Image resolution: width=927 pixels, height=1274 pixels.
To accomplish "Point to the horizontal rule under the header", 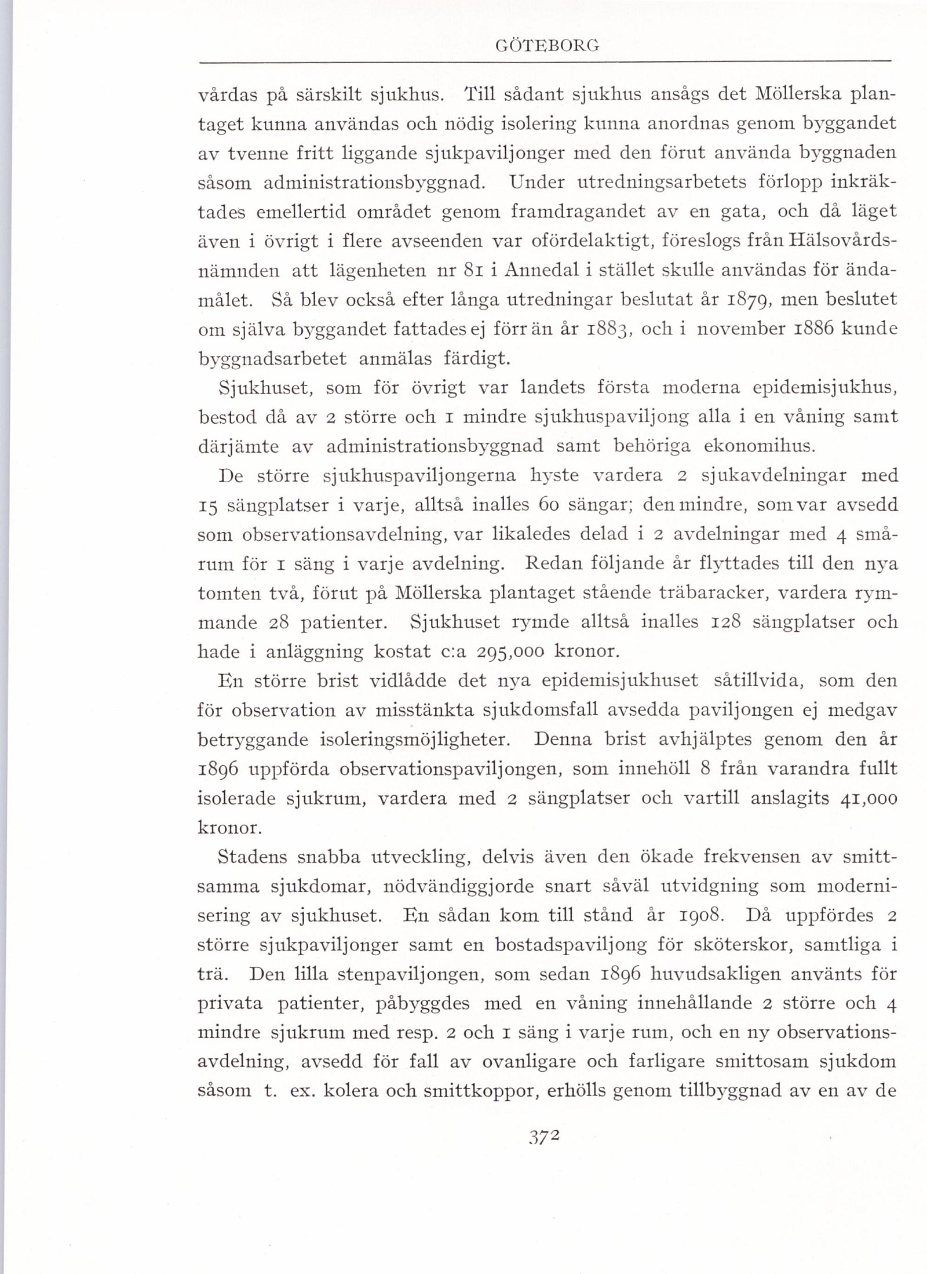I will pos(545,61).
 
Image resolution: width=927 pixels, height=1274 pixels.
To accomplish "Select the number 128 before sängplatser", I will pos(725,622).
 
